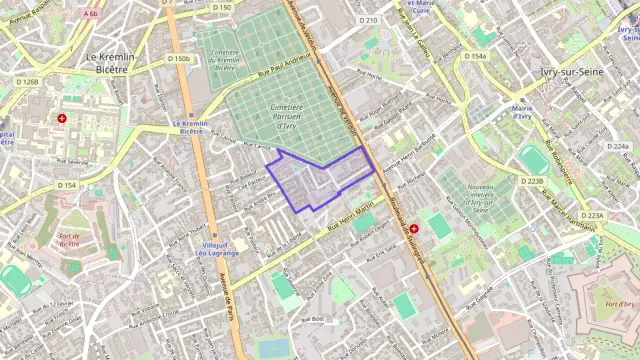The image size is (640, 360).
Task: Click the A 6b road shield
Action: pyautogui.click(x=91, y=14)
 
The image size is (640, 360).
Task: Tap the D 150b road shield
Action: pyautogui.click(x=179, y=59)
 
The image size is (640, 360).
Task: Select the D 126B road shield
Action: pyautogui.click(x=27, y=82)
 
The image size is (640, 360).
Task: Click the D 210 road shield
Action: pyautogui.click(x=368, y=20)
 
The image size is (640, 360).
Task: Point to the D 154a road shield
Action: pyautogui.click(x=475, y=56)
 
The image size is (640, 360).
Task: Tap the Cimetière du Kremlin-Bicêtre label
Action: pyautogui.click(x=225, y=60)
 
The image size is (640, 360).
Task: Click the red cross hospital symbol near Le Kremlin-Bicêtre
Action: pyautogui.click(x=63, y=118)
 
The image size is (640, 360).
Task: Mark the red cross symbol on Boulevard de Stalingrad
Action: pyautogui.click(x=414, y=229)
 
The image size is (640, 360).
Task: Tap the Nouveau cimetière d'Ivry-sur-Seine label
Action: pyautogui.click(x=482, y=198)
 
